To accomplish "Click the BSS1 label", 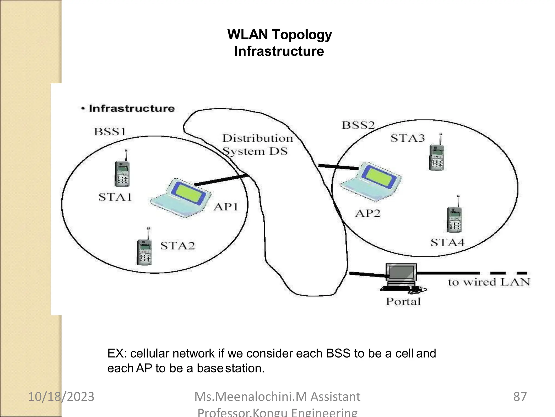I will pos(110,132).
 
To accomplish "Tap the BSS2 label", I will pos(358,125).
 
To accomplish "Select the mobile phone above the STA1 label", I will pos(122,173).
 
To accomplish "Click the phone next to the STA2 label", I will pos(144,251).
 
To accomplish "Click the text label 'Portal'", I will pos(403,302).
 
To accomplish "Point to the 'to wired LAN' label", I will pos(489,282).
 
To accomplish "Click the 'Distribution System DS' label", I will pos(257,145).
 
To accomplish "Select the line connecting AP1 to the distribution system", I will pos(222,180).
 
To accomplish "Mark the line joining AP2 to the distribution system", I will pos(338,167).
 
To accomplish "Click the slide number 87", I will pos(520,397).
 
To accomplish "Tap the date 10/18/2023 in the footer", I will pos(61,397).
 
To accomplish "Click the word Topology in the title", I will pos(302,35).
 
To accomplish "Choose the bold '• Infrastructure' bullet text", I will pos(128,109).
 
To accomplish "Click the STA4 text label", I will pos(447,242).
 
